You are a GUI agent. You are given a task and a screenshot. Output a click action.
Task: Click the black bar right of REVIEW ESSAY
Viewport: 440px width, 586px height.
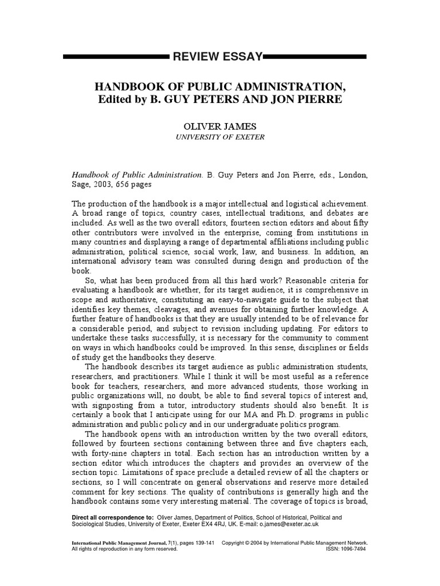[x=315, y=57]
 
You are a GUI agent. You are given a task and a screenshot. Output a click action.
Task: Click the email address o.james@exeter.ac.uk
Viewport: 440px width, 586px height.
[x=289, y=524]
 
